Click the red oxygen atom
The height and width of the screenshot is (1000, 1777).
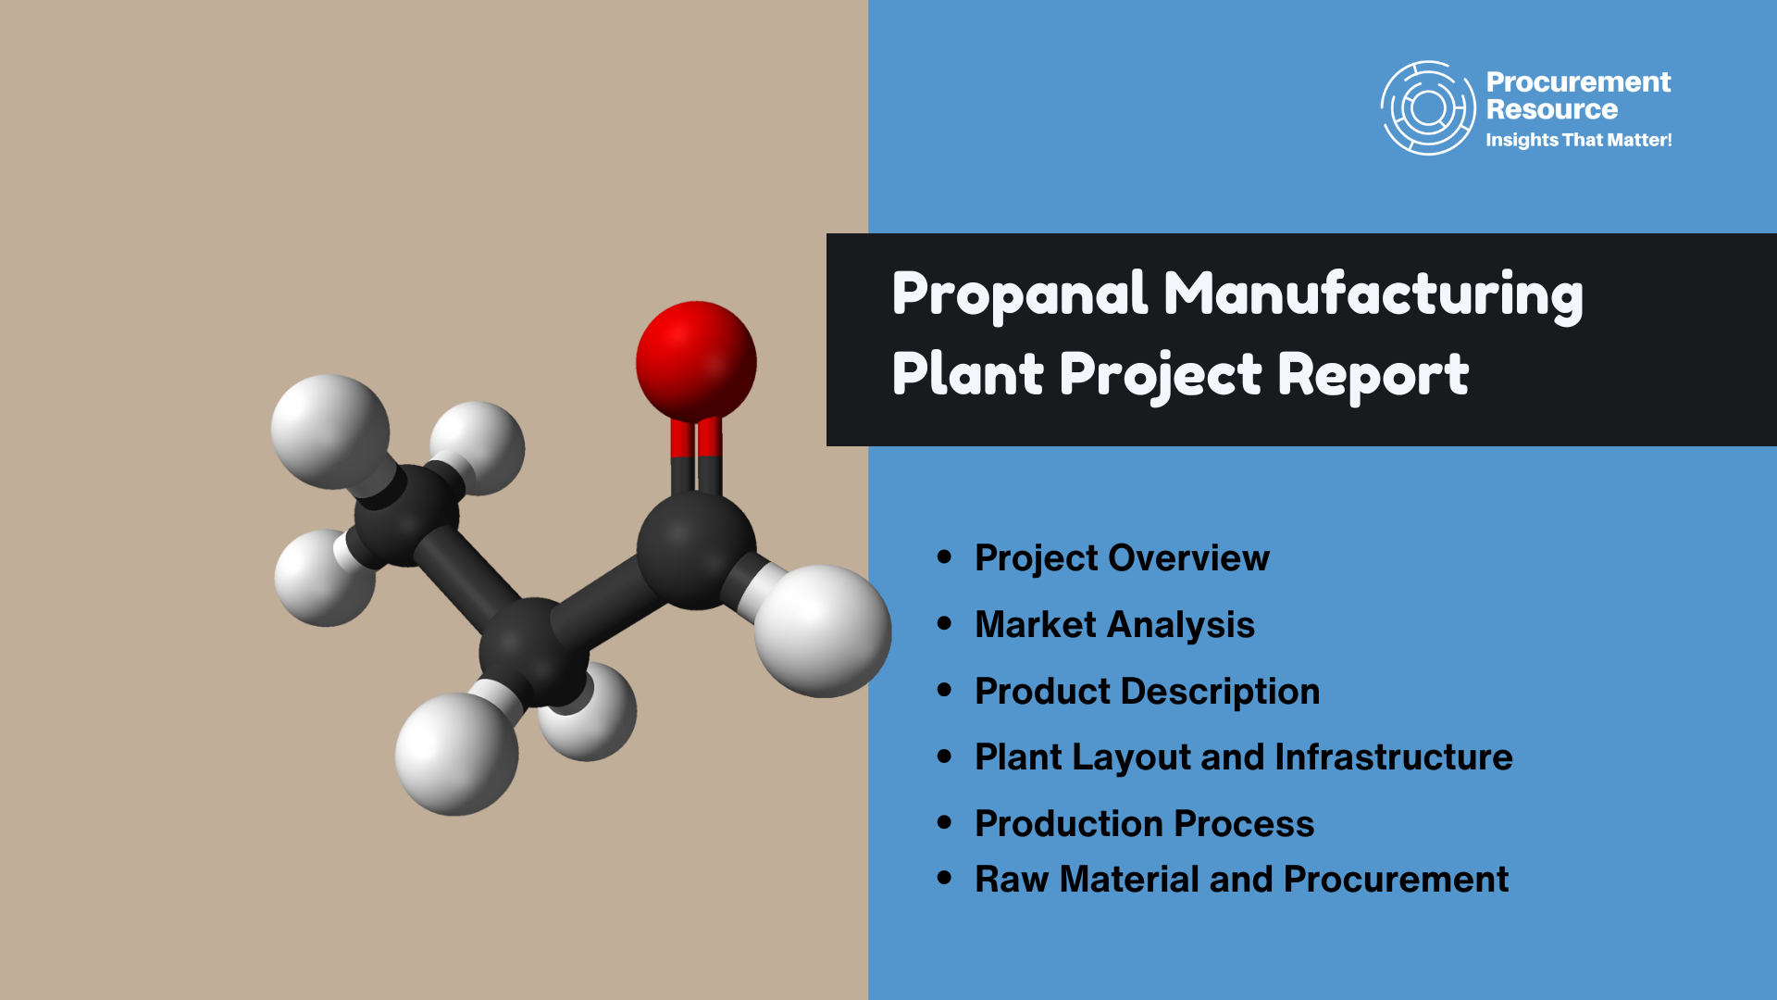[x=696, y=361]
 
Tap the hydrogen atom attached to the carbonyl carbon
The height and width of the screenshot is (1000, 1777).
[x=823, y=631]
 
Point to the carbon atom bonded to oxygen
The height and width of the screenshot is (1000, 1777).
[x=696, y=550]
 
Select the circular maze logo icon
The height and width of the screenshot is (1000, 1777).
[x=1428, y=108]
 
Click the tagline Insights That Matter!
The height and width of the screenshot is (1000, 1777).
[x=1579, y=140]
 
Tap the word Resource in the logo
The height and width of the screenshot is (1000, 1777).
[x=1552, y=109]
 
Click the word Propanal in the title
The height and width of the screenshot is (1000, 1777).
[x=1020, y=294]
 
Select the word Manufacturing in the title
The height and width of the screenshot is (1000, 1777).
[x=1373, y=294]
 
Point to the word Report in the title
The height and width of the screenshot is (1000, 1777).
[x=1373, y=375]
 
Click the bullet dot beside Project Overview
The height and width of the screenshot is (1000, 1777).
[x=944, y=556]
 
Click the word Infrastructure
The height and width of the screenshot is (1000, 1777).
[x=1394, y=757]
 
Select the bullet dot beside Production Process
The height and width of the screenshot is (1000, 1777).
[x=944, y=822]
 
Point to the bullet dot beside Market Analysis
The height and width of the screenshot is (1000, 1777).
[x=944, y=623]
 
